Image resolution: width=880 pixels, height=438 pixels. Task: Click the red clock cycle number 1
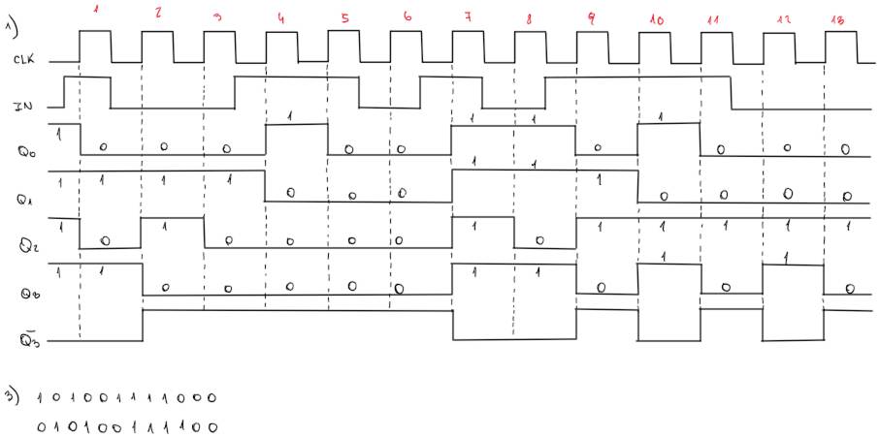(x=96, y=13)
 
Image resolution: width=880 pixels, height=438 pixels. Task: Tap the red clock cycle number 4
(x=281, y=16)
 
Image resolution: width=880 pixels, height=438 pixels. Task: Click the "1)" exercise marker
(x=11, y=18)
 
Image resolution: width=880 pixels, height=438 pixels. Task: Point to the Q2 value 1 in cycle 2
(x=165, y=227)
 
